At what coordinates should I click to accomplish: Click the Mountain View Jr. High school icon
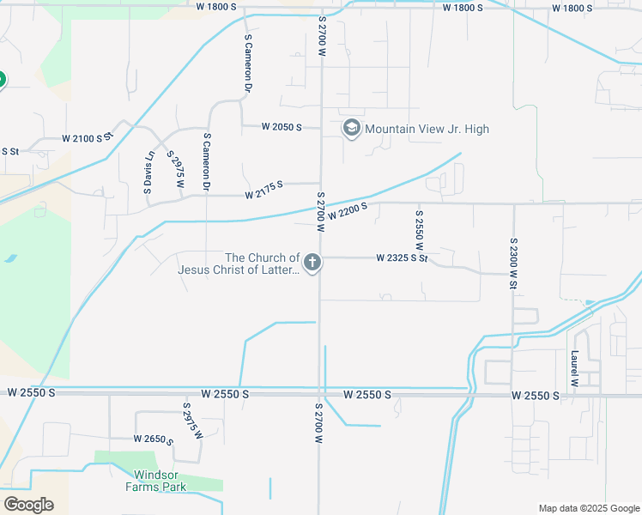[350, 129]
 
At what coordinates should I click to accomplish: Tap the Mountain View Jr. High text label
[427, 130]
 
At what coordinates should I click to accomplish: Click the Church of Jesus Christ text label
[238, 264]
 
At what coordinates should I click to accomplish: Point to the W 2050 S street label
[283, 127]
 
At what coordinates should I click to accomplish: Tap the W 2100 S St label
[88, 138]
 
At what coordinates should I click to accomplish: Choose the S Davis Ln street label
[149, 172]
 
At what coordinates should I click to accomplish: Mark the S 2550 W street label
[420, 229]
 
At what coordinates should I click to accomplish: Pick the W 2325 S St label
[402, 257]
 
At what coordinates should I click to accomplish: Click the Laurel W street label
[574, 367]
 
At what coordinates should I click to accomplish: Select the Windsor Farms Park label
[160, 481]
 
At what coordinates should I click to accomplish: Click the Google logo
[27, 504]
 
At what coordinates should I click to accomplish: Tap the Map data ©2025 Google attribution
[588, 508]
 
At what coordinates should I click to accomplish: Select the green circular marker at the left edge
[1, 80]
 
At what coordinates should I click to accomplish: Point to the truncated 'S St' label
[10, 151]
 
